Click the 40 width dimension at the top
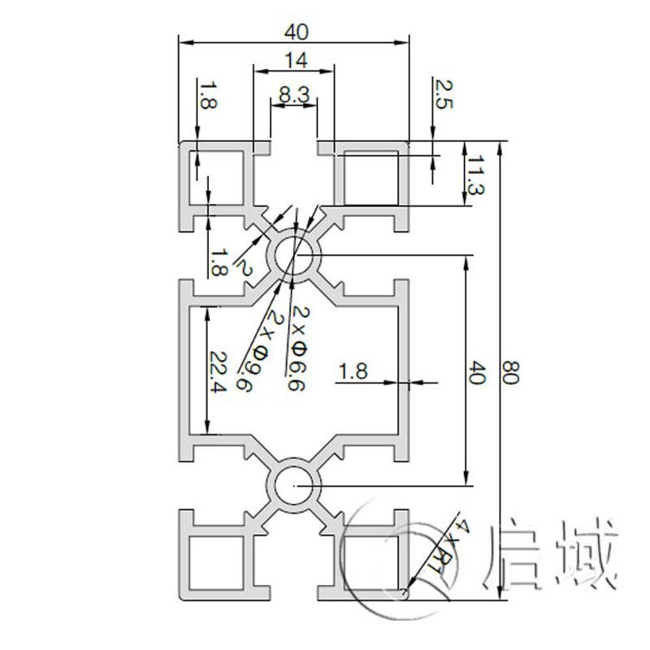tap(297, 32)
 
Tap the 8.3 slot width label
tap(293, 94)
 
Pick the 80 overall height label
tap(513, 373)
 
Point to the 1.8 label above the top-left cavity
tap(209, 96)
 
